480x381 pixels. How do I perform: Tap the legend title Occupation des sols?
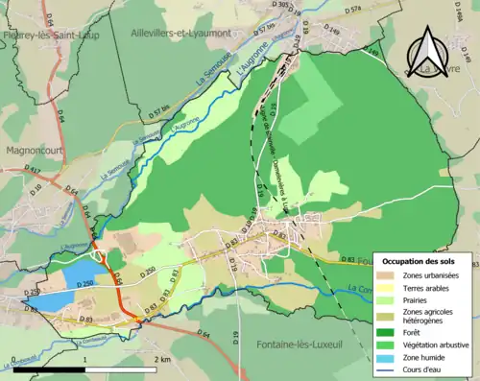pos(425,261)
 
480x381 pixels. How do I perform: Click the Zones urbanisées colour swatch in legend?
pos(389,274)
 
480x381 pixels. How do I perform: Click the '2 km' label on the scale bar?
pos(159,359)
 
